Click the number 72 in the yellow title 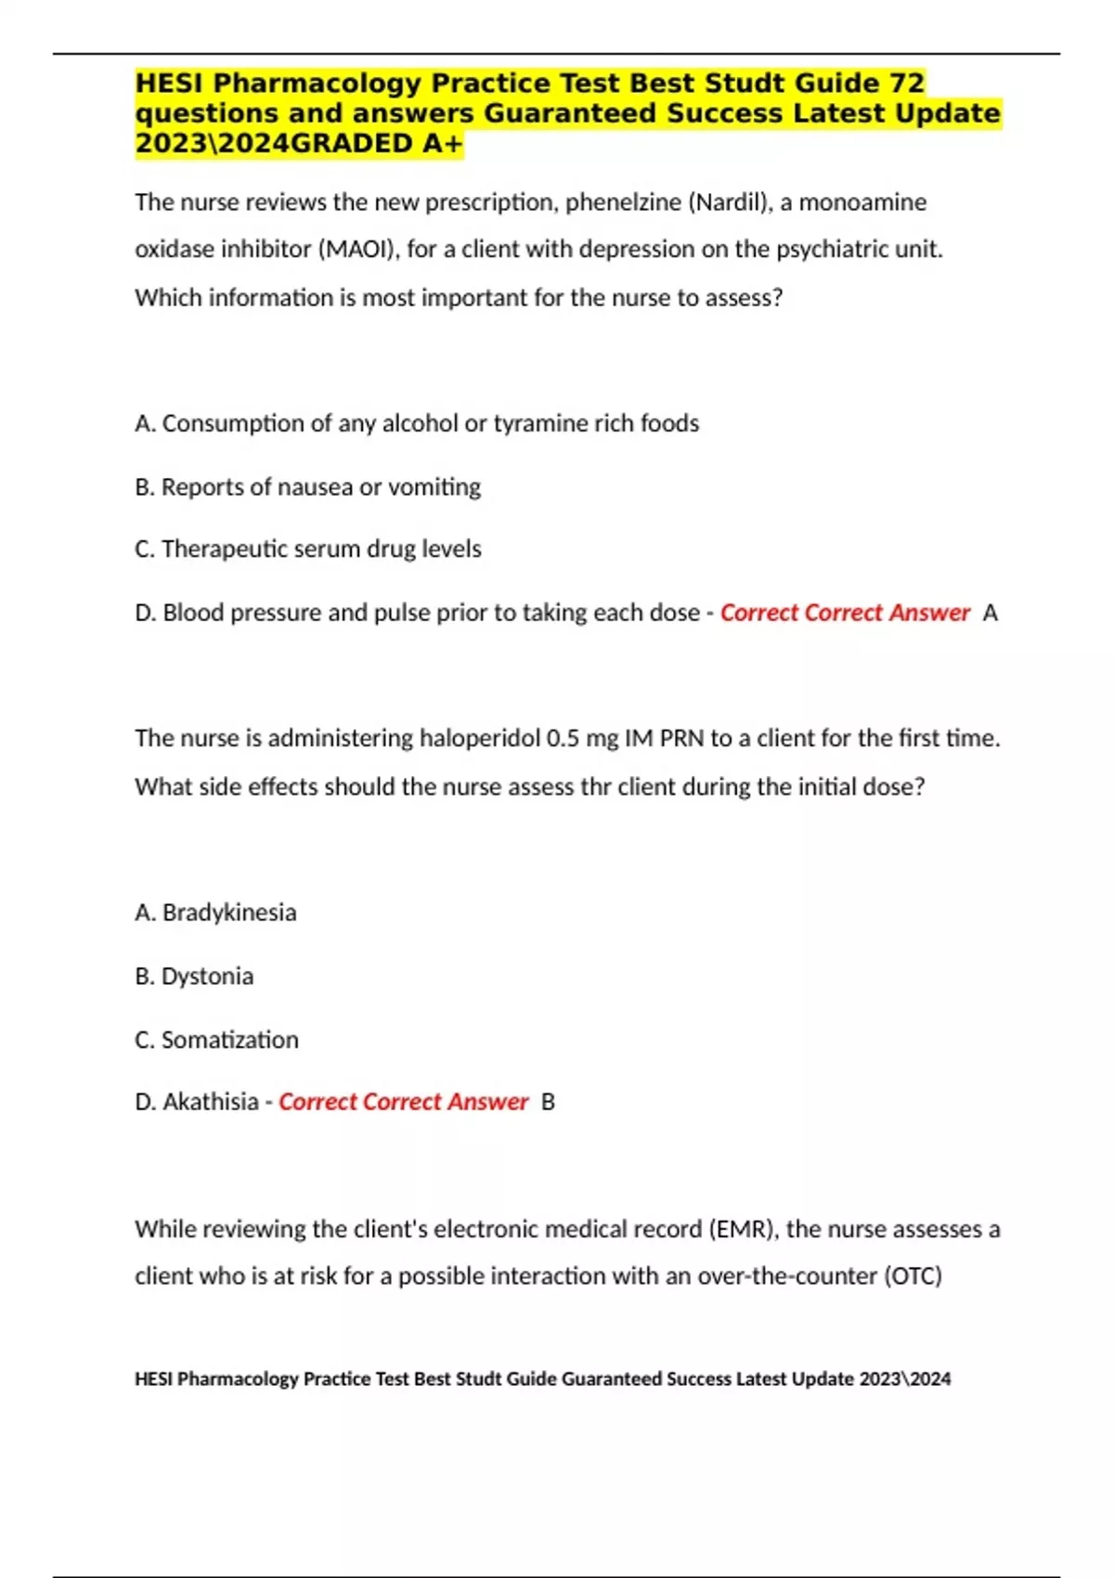point(907,84)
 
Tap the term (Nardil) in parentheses point(730,202)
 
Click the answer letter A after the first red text point(991,613)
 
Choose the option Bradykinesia point(229,912)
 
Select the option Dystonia point(207,977)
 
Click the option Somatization point(230,1040)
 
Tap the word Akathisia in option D point(211,1102)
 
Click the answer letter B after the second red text point(549,1102)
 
